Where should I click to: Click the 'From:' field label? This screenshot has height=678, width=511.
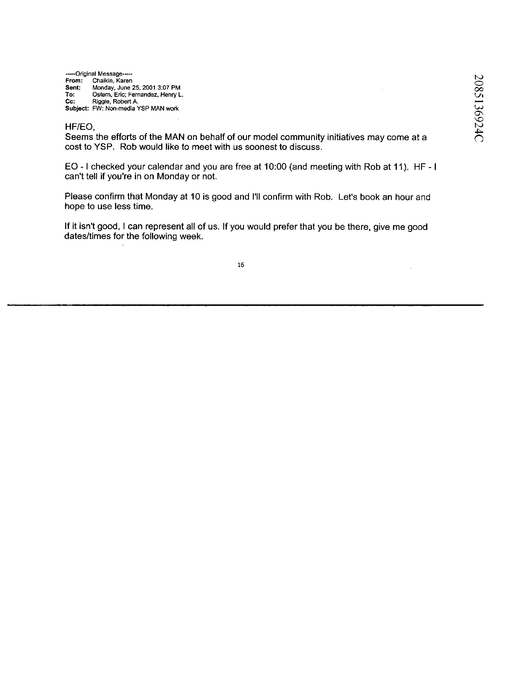point(74,81)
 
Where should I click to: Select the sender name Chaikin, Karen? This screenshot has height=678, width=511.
point(112,81)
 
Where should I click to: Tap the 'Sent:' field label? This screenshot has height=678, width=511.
point(73,88)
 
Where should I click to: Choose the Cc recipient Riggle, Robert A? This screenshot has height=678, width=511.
point(115,101)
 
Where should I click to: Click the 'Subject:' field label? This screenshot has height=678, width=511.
point(77,109)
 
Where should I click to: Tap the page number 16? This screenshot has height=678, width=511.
point(241,265)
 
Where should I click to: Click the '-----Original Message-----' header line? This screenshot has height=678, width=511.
point(99,74)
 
